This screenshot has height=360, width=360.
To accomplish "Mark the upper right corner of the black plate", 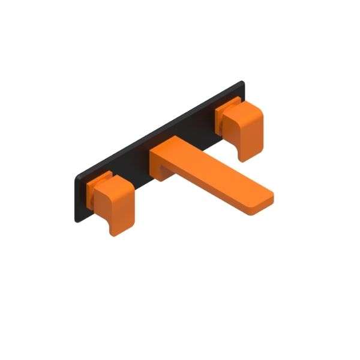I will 242,82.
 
